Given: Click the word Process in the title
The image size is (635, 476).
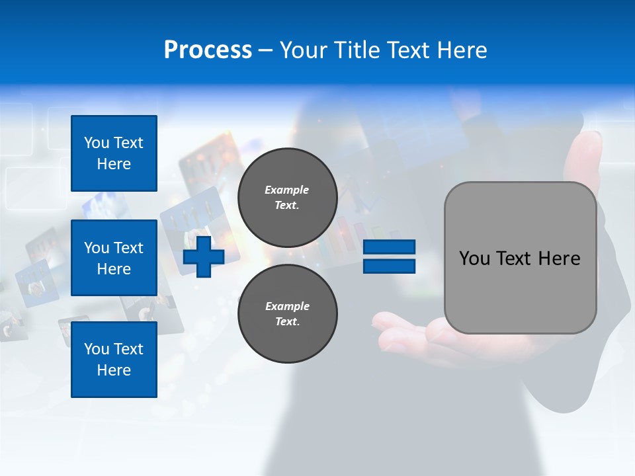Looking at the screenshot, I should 208,50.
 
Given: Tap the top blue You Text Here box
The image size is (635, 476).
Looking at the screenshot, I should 114,153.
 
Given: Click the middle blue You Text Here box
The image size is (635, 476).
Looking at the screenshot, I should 114,258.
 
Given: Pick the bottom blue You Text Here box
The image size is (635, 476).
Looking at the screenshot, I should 114,359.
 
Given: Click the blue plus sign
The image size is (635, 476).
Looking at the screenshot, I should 204,257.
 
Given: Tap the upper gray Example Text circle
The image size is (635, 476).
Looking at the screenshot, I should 287,197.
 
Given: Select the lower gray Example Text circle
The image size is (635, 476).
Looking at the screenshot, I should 287,313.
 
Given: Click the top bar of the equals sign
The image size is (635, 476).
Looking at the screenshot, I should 389,247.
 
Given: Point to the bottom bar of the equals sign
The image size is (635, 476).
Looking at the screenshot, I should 389,266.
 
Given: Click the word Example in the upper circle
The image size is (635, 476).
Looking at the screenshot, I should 287,190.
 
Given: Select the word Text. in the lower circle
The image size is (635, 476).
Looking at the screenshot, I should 287,321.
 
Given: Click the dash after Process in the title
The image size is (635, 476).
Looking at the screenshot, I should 266,51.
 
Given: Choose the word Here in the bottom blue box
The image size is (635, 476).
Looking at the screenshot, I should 114,370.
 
